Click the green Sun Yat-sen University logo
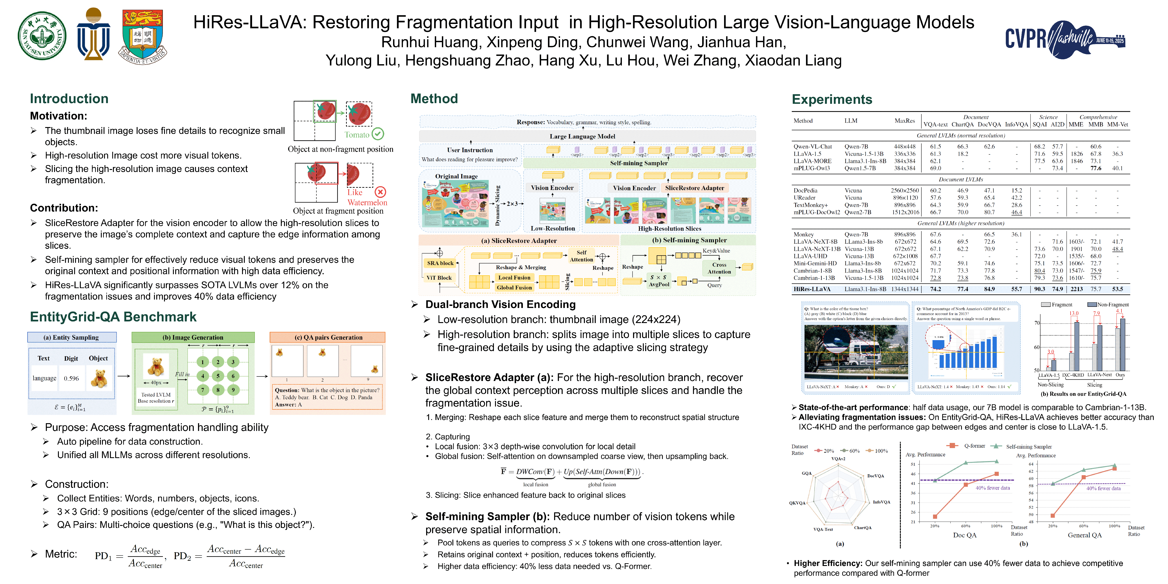click(x=42, y=36)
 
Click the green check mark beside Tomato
click(x=378, y=134)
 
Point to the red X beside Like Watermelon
click(x=381, y=192)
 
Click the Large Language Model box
click(x=582, y=136)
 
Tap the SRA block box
click(x=440, y=263)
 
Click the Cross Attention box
click(x=719, y=268)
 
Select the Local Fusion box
click(x=514, y=277)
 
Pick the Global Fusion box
click(x=514, y=287)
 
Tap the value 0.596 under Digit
click(x=71, y=378)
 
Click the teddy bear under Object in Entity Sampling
click(x=99, y=378)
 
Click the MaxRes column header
click(x=905, y=121)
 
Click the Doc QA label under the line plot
click(x=965, y=535)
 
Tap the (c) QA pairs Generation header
click(x=328, y=337)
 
